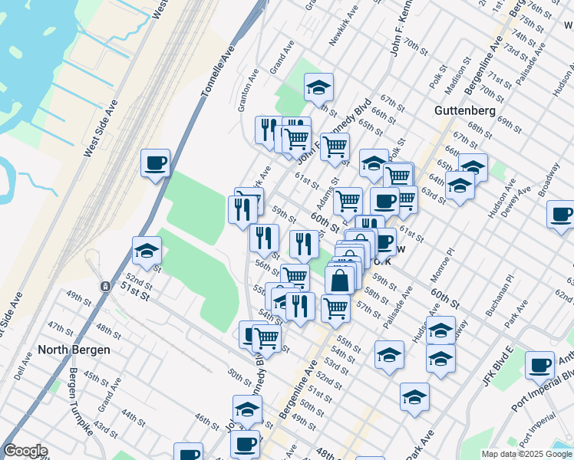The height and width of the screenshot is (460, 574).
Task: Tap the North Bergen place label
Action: (74, 350)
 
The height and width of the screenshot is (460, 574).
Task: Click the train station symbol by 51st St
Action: (104, 286)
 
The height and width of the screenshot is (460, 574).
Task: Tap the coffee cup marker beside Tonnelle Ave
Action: (156, 163)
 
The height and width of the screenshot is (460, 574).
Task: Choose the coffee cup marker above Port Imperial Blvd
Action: (539, 364)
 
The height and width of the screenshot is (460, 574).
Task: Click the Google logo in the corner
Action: (25, 451)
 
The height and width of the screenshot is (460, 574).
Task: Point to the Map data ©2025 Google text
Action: (526, 454)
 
